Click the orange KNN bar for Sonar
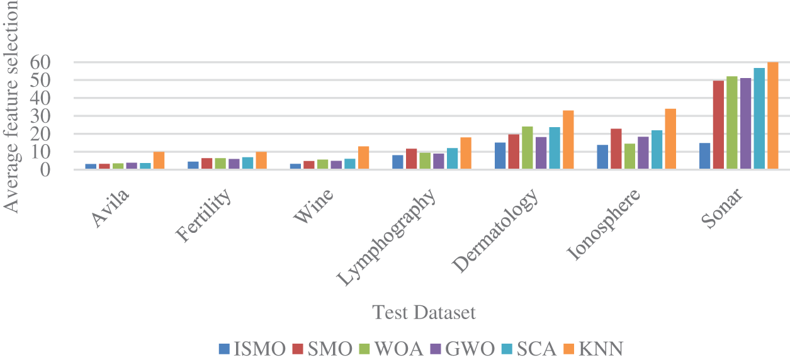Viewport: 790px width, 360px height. (772, 116)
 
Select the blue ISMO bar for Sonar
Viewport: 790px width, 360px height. (704, 156)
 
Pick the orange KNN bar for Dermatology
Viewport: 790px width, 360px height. (568, 140)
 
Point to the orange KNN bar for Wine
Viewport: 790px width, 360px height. (363, 158)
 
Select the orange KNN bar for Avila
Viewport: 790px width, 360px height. (159, 160)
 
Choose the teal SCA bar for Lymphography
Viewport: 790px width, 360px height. (452, 159)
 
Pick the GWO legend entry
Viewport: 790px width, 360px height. (466, 349)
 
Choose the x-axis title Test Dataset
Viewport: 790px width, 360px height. (423, 313)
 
